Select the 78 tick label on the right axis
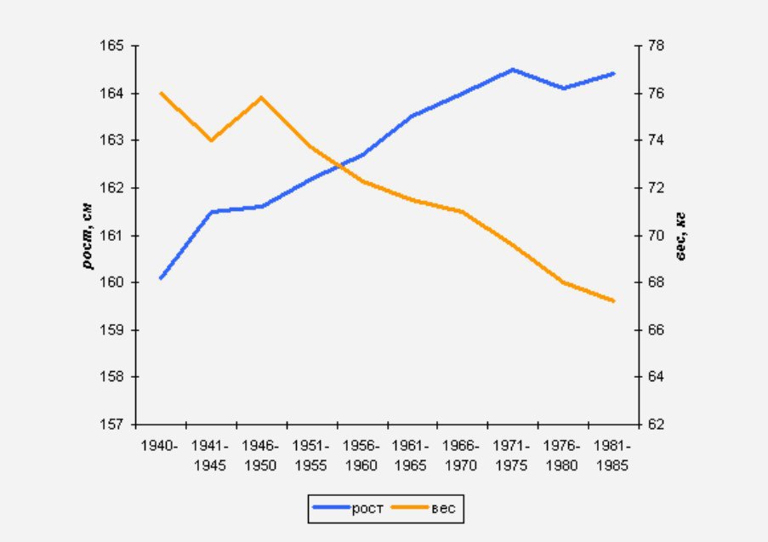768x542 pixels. tap(656, 45)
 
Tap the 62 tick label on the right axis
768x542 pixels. tap(656, 424)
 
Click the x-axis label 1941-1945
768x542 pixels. tap(209, 455)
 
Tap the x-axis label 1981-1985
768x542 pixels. tap(612, 455)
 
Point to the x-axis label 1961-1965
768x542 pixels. tap(411, 455)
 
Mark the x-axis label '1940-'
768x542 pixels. tap(160, 446)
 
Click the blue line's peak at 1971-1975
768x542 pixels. tap(513, 69)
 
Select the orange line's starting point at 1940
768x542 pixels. tap(160, 93)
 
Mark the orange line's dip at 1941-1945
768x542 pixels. tap(210, 140)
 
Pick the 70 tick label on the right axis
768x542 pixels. tap(656, 235)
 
